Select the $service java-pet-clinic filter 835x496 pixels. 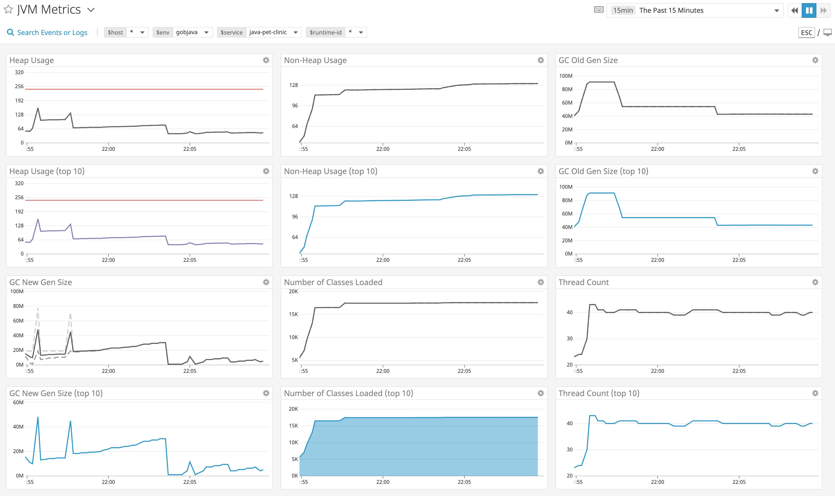(x=259, y=32)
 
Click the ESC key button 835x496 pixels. (x=806, y=32)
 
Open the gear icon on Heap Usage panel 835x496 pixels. (x=266, y=60)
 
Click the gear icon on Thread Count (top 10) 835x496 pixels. (x=815, y=393)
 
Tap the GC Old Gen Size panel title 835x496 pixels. (x=588, y=60)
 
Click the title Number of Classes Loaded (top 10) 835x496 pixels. (x=348, y=393)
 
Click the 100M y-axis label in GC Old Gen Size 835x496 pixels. (x=566, y=76)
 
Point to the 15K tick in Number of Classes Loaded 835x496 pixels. (x=293, y=314)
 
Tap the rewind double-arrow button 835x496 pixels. (x=795, y=10)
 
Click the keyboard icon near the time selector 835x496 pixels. (x=599, y=10)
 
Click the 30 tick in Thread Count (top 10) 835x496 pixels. (x=570, y=449)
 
